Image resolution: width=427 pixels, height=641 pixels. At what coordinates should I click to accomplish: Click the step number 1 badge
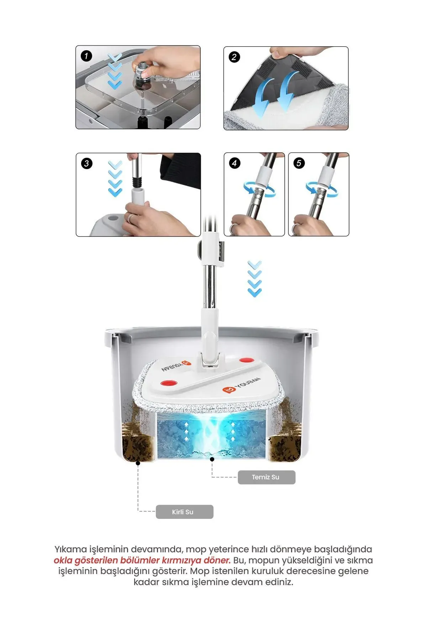(x=86, y=56)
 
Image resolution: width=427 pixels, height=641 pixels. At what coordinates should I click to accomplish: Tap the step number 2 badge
(x=234, y=57)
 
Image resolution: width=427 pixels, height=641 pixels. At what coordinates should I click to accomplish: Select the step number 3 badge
(x=86, y=163)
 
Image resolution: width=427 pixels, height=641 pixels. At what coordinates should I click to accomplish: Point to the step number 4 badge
(x=234, y=163)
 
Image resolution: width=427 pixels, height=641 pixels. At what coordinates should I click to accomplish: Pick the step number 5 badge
(x=299, y=163)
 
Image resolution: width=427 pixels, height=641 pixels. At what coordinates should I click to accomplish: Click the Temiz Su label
(x=266, y=477)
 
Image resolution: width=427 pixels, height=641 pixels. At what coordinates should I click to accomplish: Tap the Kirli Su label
(x=184, y=512)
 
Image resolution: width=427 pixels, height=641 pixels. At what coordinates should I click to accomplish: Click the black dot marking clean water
(x=212, y=459)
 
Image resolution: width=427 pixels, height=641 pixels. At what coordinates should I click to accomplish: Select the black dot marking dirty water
(x=138, y=463)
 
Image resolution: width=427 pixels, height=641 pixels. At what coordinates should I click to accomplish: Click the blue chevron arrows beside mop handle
(x=254, y=278)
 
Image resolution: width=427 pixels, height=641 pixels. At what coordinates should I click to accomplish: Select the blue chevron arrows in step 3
(x=115, y=178)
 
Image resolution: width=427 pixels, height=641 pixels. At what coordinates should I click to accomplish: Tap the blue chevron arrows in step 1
(x=115, y=71)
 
